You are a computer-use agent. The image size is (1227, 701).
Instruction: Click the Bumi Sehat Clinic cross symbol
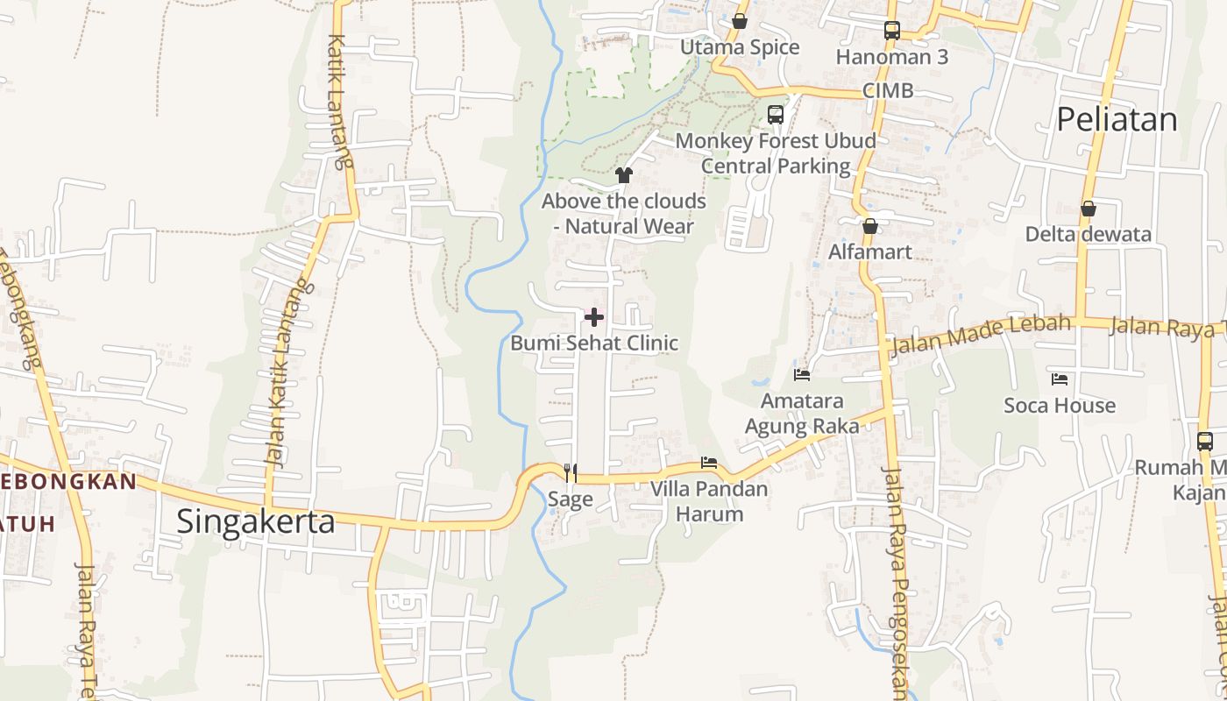coord(594,316)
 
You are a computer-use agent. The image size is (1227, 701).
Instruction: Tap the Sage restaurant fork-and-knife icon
coord(571,473)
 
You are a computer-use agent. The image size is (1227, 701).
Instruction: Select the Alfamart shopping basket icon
coord(870,226)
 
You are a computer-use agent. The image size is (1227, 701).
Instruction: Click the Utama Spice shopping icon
coord(740,21)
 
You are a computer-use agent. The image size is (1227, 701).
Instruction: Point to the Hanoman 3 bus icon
coord(892,31)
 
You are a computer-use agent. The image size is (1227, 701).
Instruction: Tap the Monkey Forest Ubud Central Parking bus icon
coord(776,114)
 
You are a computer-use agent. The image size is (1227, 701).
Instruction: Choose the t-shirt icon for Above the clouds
coord(624,175)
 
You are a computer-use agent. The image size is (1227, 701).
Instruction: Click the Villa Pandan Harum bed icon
coord(709,463)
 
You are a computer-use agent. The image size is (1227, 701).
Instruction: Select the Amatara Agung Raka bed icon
coord(802,375)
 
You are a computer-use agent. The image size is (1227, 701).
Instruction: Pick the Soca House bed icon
coord(1060,379)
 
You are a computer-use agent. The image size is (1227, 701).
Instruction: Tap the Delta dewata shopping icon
coord(1089,209)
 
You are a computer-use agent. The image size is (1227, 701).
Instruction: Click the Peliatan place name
coord(1117,119)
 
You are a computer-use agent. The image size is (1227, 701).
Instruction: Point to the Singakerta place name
coord(256,521)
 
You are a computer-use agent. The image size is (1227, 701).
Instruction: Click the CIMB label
coord(888,90)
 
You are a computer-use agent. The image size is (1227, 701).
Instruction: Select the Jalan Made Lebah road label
coord(981,335)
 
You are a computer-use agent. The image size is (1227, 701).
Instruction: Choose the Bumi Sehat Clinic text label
coord(594,343)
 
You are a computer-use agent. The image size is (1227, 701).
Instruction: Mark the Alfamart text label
coord(870,251)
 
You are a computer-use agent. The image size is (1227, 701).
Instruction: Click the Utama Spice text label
coord(740,47)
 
